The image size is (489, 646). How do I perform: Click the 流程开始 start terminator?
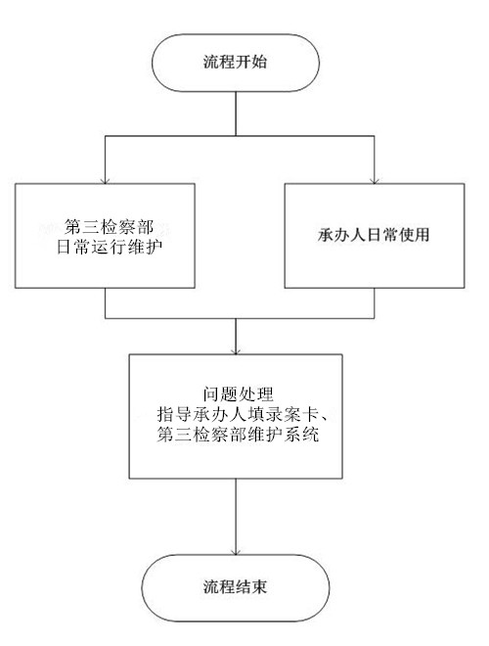(x=236, y=63)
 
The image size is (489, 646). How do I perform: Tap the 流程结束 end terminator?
(x=236, y=587)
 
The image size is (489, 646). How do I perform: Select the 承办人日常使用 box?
(x=375, y=236)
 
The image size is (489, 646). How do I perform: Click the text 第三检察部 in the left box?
(x=109, y=227)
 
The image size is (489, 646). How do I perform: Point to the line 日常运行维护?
(x=110, y=248)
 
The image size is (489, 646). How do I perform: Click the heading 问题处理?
(x=238, y=394)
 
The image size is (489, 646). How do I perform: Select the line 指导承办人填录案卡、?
(x=242, y=414)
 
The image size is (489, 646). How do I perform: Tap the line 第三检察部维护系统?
(x=238, y=435)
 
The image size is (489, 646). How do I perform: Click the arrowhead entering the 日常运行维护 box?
(x=105, y=181)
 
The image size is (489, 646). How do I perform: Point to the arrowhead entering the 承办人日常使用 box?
(x=375, y=181)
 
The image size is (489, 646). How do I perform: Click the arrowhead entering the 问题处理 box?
(x=236, y=351)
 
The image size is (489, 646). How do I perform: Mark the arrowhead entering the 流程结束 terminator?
(x=236, y=551)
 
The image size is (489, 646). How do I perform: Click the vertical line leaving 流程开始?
(x=236, y=114)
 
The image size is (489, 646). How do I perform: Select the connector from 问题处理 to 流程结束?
(x=236, y=517)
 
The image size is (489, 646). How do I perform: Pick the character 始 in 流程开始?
(x=259, y=62)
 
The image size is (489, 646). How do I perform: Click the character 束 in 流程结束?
(x=259, y=586)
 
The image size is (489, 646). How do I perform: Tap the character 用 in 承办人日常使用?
(x=422, y=235)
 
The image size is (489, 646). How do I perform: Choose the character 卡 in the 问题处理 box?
(x=307, y=414)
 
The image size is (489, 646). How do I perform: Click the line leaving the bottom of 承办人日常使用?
(x=375, y=303)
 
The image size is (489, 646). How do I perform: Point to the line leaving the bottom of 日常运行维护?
(x=105, y=303)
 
